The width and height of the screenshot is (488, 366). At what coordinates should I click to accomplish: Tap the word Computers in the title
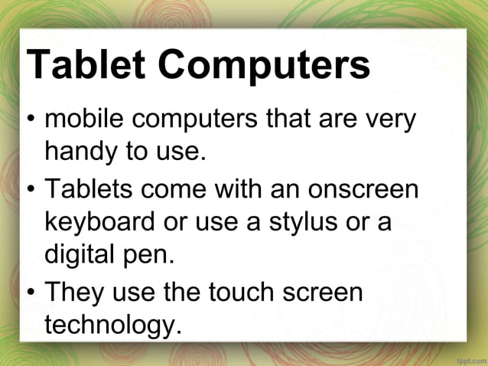[x=263, y=67]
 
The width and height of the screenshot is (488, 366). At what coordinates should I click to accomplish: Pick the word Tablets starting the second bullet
[x=90, y=188]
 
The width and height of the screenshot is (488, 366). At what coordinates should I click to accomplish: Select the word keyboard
[x=104, y=221]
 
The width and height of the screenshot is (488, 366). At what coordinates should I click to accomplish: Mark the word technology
[x=113, y=325]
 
